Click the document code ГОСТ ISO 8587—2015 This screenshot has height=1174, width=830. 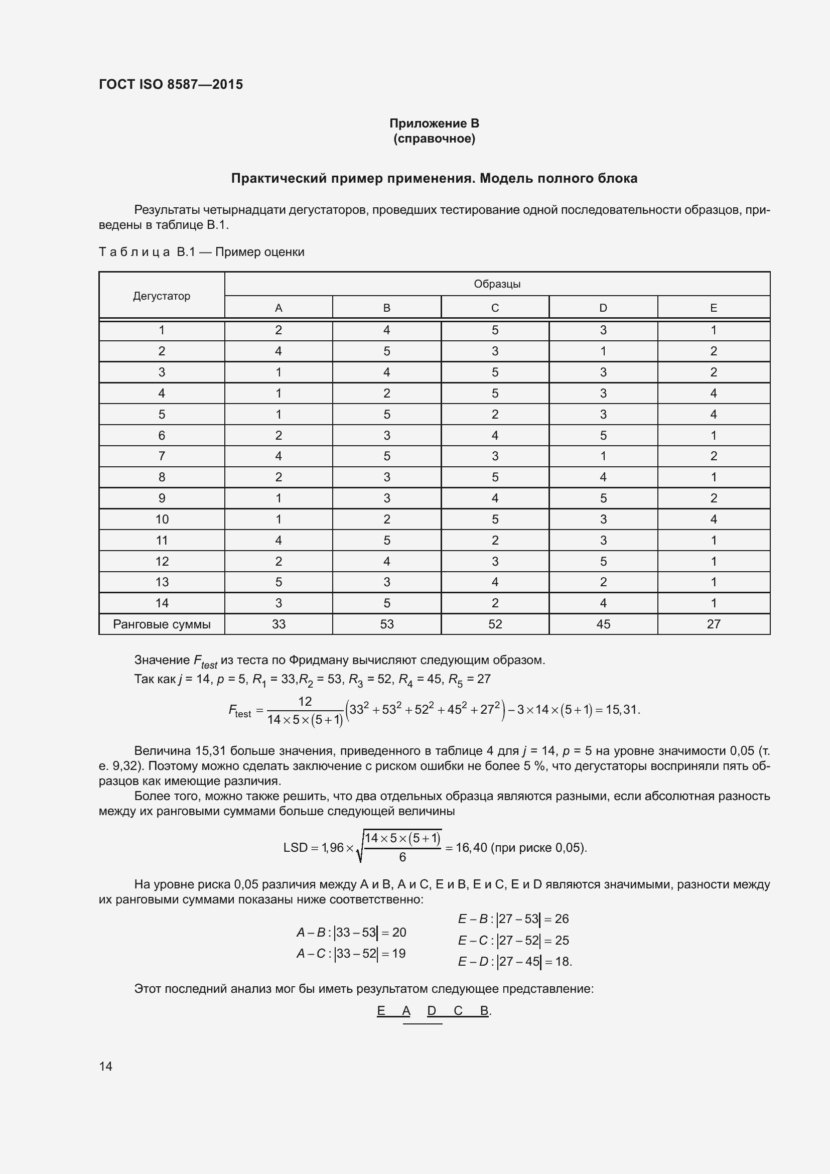point(171,84)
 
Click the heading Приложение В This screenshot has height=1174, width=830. point(434,123)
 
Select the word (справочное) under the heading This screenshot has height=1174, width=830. point(434,139)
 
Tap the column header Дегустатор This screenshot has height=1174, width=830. point(162,296)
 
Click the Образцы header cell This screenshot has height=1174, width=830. point(497,284)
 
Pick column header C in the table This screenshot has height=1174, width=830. point(495,308)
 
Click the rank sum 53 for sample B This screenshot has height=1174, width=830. point(386,624)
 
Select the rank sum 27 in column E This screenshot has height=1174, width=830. point(713,624)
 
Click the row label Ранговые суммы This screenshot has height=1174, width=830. point(162,624)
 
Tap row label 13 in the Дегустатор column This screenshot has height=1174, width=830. point(162,582)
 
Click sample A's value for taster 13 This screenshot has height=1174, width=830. point(279,582)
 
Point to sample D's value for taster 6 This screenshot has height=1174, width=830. point(603,435)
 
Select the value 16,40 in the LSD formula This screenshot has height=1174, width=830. point(471,848)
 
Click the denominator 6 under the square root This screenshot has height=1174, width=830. point(402,857)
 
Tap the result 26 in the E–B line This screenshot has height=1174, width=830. point(562,919)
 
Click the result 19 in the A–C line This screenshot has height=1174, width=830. point(398,954)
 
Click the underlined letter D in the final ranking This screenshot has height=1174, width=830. point(432,1011)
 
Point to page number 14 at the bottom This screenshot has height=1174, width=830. point(106,1066)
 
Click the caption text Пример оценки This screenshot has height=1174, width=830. point(259,252)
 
